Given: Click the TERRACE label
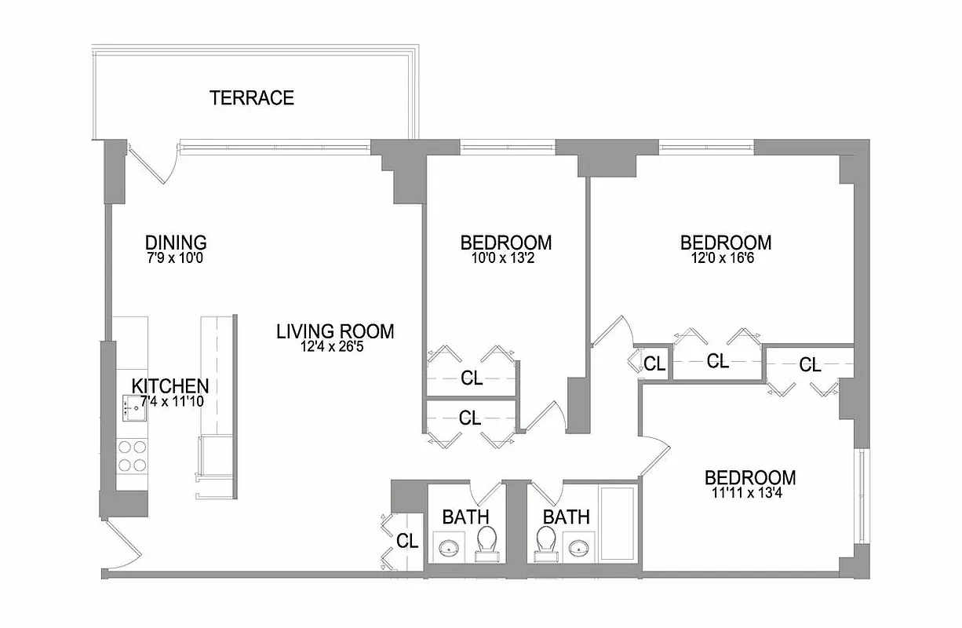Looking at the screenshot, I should (252, 98).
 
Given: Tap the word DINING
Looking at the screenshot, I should (176, 242).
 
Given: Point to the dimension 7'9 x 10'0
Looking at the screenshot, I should (176, 257).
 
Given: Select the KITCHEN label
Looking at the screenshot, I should (170, 386).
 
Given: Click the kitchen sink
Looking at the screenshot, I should (134, 408).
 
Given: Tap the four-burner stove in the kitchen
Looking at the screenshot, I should (133, 455).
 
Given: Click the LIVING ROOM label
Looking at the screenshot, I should (335, 331).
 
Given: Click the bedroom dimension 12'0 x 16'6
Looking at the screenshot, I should (725, 257).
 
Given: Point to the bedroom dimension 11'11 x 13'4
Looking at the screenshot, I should (749, 492).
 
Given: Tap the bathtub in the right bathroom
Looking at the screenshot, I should (618, 524).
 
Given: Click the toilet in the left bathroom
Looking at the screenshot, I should (486, 542).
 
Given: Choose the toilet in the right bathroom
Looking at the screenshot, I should (545, 542).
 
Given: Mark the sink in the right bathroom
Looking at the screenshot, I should (581, 547).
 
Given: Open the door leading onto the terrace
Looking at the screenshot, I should (149, 163).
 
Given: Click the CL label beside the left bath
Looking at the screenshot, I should (406, 540).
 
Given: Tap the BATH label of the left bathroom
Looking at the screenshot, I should (465, 517).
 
